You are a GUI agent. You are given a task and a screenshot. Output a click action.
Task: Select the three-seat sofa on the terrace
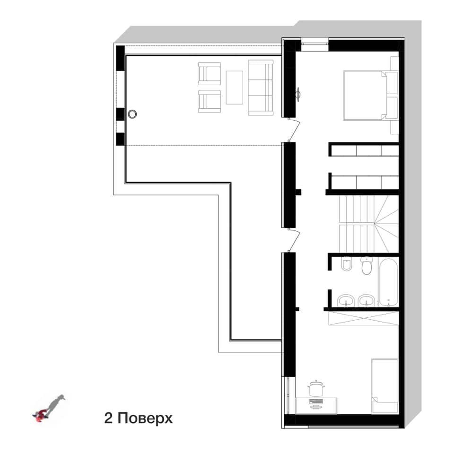pyautogui.click(x=261, y=87)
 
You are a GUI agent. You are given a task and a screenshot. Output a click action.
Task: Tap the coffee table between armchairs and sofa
pyautogui.click(x=234, y=87)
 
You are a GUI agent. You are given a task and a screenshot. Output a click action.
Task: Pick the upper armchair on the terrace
pyautogui.click(x=210, y=74)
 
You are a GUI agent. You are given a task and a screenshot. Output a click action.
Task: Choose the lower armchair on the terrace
pyautogui.click(x=210, y=101)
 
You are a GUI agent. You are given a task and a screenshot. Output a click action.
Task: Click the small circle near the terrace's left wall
pyautogui.click(x=132, y=114)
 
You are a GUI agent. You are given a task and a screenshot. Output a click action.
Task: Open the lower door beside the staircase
pyautogui.click(x=295, y=241)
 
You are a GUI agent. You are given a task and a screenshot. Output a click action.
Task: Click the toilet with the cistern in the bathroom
pyautogui.click(x=366, y=266)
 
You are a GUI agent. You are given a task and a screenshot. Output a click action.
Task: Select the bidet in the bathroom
pyautogui.click(x=346, y=264)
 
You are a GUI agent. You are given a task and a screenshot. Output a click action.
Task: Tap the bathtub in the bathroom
pyautogui.click(x=388, y=282)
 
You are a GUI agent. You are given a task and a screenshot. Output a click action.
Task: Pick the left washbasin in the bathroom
pyautogui.click(x=346, y=301)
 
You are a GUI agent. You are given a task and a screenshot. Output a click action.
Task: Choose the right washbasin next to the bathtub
pyautogui.click(x=367, y=301)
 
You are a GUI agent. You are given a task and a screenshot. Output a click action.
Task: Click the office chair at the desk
pyautogui.click(x=316, y=388)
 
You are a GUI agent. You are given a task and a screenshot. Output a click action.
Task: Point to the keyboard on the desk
pyautogui.click(x=316, y=402)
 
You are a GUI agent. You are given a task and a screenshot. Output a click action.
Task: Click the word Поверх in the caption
pyautogui.click(x=145, y=419)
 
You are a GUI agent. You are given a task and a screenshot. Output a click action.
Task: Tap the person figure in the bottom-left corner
pyautogui.click(x=49, y=408)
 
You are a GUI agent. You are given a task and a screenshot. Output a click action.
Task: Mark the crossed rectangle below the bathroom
pyautogui.click(x=364, y=318)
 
